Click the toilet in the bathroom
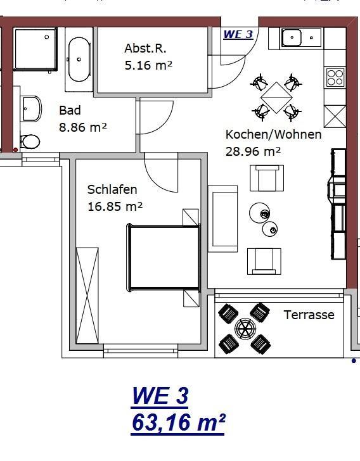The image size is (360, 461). pos(30,142)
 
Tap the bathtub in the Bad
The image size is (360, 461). pos(79,60)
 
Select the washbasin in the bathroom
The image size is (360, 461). pos(32,108)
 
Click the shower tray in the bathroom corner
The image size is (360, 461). pos(35,49)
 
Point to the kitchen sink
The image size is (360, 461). pos(302,37)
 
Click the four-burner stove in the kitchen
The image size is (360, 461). pos(335,77)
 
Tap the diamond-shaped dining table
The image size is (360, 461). pos(276,98)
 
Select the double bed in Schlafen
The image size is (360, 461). pos(164,258)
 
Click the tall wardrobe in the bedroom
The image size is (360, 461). pos(87,296)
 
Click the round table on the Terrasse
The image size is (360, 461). pos(245,328)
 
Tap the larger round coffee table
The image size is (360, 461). pos(259,213)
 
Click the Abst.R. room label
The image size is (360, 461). pos(145,48)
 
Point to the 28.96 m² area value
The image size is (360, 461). pos(253,152)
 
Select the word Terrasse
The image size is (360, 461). pos(309,315)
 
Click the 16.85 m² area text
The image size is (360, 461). pos(115,206)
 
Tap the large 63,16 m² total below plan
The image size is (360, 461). pos(178,422)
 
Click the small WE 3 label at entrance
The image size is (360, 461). pos(238,34)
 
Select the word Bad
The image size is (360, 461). pos(70,110)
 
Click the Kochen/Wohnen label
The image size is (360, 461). pos(273,134)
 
